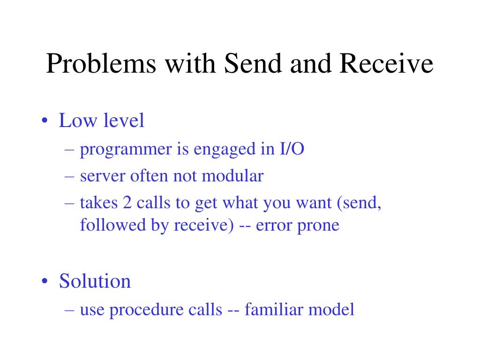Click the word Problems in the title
pos(101,63)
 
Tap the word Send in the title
pos(253,63)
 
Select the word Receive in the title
pos(386,63)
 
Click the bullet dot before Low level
pos(45,120)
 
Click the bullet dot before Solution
pos(45,281)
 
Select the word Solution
pos(95,281)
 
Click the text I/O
pos(292,149)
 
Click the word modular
pos(232,176)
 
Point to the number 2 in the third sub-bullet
pos(127,202)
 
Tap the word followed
pos(113,225)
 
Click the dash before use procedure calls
pos(69,310)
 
